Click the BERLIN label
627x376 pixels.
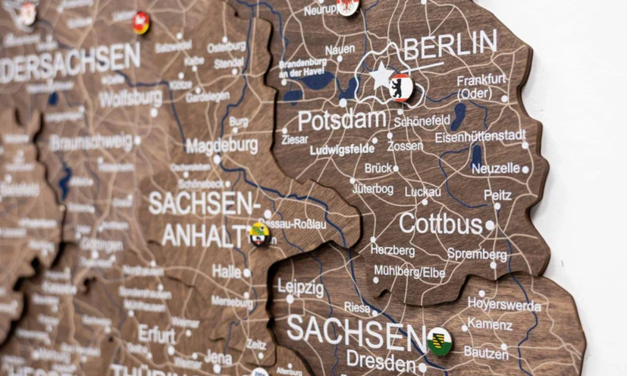pyautogui.click(x=450, y=44)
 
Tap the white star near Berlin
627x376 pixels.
pyautogui.click(x=381, y=76)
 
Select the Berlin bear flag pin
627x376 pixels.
pyautogui.click(x=401, y=87)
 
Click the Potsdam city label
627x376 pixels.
pyautogui.click(x=342, y=120)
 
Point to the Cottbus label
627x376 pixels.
pyautogui.click(x=440, y=224)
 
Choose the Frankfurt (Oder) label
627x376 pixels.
pyautogui.click(x=481, y=86)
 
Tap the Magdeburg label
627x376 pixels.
pyautogui.click(x=221, y=146)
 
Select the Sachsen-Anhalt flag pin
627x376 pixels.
pyautogui.click(x=259, y=234)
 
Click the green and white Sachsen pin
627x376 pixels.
pyautogui.click(x=440, y=341)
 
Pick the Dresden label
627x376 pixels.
pyautogui.click(x=381, y=361)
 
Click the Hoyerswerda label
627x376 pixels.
pyautogui.click(x=504, y=305)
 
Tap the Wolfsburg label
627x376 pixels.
pyautogui.click(x=130, y=98)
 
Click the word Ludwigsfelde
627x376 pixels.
pyautogui.click(x=342, y=150)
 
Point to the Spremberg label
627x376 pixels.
pyautogui.click(x=477, y=254)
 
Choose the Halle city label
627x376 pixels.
pyautogui.click(x=226, y=271)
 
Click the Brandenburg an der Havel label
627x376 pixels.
pyautogui.click(x=303, y=68)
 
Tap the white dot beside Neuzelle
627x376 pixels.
pyautogui.click(x=525, y=169)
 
